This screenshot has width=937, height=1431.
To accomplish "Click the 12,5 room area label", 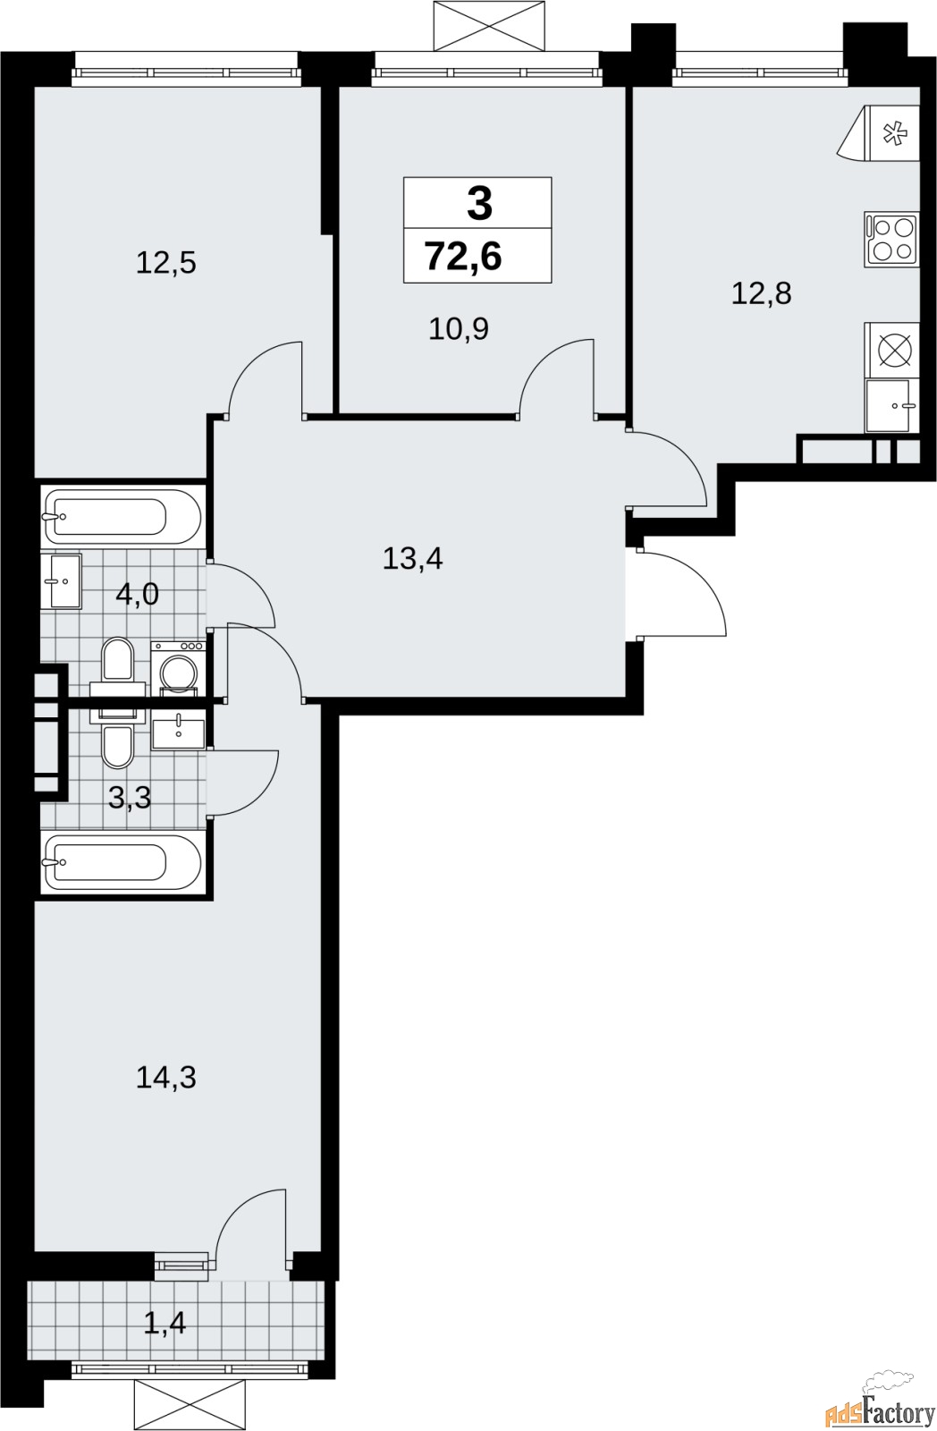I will coord(165,263).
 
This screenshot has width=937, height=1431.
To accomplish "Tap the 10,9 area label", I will coord(458,329).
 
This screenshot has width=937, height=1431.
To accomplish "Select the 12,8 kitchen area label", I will coord(761,292).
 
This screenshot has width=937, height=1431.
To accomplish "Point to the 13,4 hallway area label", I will coord(412,559).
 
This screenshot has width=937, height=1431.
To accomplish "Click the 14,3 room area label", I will coord(165,1078).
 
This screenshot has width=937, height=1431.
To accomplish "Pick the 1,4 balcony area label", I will coord(165,1322).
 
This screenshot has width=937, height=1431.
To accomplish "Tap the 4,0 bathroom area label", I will coord(137,593).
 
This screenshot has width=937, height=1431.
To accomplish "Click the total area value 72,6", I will coord(463,257).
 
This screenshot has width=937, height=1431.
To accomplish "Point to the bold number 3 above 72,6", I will coord(479,204).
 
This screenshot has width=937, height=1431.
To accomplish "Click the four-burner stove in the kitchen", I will coord(891,239).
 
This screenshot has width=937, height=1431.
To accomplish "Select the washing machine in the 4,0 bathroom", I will coord(179,667).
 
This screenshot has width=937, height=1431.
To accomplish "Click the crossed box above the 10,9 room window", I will coord(488,25).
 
